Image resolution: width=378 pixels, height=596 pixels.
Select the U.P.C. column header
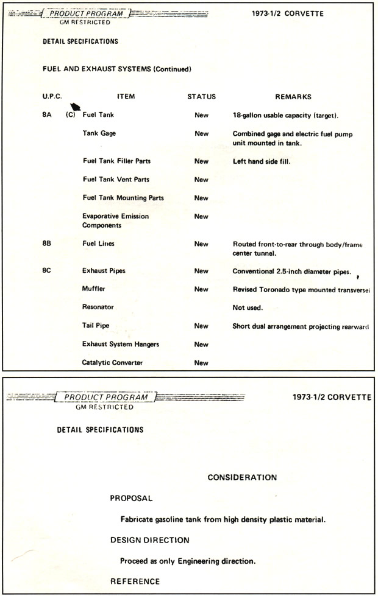coord(52,97)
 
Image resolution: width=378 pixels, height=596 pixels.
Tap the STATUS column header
coord(201,97)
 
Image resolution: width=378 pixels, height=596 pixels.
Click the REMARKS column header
coord(293,97)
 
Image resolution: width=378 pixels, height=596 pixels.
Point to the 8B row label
coord(47,244)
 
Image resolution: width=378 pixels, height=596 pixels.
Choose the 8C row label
coord(47,271)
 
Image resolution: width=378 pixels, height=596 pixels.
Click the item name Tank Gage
coord(99,134)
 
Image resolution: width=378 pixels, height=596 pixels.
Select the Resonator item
coord(98,308)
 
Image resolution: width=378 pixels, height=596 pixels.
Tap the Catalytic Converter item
coord(113,363)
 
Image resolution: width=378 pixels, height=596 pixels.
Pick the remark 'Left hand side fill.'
coord(262,161)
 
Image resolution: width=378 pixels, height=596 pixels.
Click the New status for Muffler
coord(201,290)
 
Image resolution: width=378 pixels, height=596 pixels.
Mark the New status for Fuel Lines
coord(201,244)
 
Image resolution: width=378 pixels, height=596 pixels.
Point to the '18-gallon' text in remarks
coord(248,115)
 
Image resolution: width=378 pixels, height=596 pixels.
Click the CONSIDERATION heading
coord(242,478)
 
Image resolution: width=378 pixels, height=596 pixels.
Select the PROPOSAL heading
coord(131,499)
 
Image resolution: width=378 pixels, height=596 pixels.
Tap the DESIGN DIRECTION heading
coord(150,540)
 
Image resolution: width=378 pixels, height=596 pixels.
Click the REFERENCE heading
coord(135,581)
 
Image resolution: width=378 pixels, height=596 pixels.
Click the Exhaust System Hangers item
coord(121,345)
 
